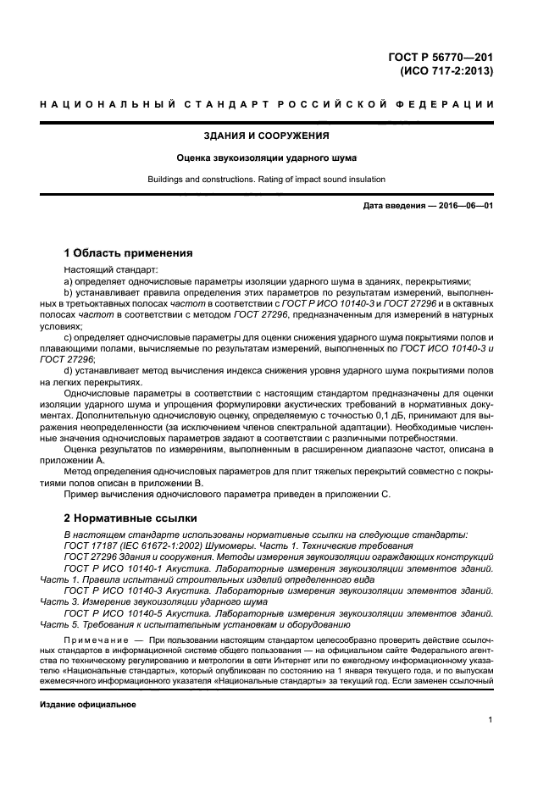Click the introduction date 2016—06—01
459,207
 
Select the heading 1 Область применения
129,252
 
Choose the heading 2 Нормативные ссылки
130,517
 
